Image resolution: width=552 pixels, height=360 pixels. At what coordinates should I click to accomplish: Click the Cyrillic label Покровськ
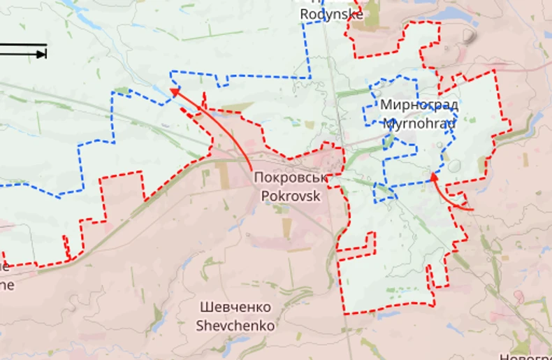tap(291, 178)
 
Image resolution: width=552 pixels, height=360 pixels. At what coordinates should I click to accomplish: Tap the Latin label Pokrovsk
tap(291, 196)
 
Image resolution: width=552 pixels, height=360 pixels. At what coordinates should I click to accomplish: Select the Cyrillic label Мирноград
tap(419, 106)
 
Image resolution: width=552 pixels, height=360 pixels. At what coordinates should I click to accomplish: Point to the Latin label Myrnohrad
tap(419, 124)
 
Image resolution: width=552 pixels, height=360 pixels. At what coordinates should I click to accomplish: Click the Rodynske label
tap(332, 13)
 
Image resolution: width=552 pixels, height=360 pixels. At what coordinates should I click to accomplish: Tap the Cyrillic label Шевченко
tap(235, 308)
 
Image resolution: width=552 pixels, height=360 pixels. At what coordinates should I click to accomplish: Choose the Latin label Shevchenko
tap(235, 325)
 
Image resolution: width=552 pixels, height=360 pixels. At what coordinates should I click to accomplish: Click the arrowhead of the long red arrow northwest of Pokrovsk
tap(173, 90)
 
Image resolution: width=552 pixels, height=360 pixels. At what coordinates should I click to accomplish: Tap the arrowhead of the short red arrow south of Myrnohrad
tap(433, 175)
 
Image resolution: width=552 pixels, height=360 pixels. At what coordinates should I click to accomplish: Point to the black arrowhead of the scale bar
tap(43, 54)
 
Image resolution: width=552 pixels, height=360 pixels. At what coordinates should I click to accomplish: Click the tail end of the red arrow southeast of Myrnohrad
tap(473, 208)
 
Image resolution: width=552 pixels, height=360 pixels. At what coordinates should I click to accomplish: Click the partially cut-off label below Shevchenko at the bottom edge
tap(524, 357)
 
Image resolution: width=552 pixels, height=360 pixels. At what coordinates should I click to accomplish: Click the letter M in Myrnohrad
tap(389, 124)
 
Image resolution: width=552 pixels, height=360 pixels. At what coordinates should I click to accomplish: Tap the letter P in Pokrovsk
tap(265, 196)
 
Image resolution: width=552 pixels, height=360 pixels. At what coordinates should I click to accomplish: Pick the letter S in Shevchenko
tap(200, 325)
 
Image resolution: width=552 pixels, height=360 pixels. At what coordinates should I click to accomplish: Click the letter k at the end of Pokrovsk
tap(317, 196)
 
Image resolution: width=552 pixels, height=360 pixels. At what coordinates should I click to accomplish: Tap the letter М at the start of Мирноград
tap(386, 106)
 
